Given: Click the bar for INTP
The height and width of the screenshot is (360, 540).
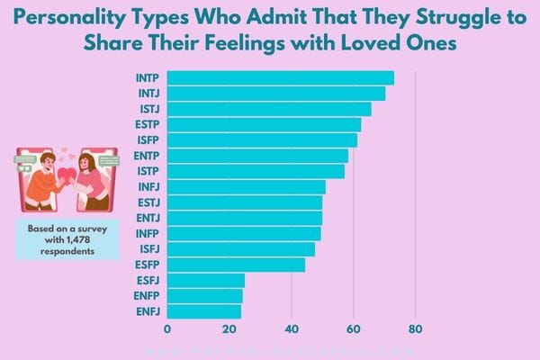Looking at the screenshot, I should point(281,77).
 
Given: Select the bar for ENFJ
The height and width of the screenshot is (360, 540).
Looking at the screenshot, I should point(204,311).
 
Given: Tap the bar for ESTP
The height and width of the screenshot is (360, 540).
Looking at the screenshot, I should point(265,124).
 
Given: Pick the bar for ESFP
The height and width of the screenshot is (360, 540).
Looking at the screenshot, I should point(237,265).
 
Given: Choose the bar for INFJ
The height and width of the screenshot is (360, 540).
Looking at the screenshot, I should point(247,187).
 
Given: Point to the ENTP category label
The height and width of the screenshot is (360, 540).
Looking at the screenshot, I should point(147,156).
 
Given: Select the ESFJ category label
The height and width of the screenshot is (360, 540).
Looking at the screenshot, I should point(148,281).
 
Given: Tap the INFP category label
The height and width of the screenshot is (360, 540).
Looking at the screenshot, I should point(148,234).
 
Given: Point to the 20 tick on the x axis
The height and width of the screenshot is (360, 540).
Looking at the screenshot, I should point(229,328).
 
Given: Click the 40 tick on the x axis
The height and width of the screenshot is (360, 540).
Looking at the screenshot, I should point(292,328).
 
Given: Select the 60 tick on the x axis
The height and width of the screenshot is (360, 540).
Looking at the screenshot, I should point(354,328).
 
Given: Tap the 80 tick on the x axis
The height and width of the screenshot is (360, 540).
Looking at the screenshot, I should point(416,328).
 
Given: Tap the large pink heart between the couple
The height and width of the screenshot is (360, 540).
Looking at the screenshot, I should point(67,173).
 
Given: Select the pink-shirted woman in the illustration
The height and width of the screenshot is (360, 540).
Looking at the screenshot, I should point(92,180).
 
